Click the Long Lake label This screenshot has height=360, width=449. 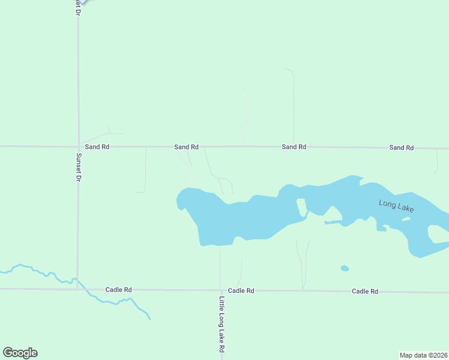coord(396,206)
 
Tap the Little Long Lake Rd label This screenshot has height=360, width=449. coord(221,324)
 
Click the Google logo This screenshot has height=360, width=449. coord(20,353)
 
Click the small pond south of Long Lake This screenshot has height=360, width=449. coord(344,268)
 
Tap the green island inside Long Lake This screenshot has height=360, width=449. coord(301,207)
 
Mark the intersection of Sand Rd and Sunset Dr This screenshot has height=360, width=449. coord(78,146)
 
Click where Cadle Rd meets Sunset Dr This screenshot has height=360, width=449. coord(77,289)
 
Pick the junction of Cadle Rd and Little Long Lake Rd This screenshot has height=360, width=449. coord(220,290)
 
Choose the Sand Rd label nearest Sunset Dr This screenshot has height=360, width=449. coord(97,146)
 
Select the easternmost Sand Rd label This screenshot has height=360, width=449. coord(401,147)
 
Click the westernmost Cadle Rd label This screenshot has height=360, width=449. coord(118,290)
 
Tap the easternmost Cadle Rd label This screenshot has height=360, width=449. coord(365,291)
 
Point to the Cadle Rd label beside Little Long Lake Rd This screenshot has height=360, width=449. coord(241,290)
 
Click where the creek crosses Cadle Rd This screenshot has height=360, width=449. coord(85,289)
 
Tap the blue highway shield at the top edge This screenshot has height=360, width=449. coord(82,2)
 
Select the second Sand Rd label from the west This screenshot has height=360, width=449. coord(186,146)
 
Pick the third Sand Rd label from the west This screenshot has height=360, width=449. coord(294,146)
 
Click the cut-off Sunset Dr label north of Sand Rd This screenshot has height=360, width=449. coord(78,7)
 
